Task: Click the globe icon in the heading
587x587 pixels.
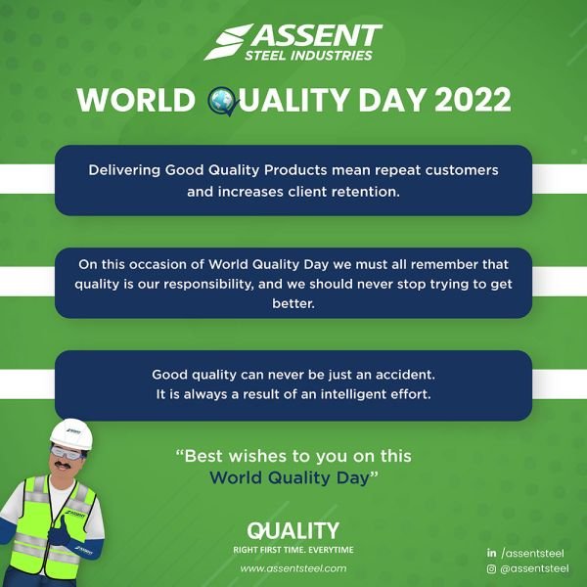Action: pyautogui.click(x=222, y=101)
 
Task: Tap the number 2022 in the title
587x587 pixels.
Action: pyautogui.click(x=473, y=100)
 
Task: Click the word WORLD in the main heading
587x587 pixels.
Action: pyautogui.click(x=136, y=101)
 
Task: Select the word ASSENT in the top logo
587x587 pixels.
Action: pyautogui.click(x=317, y=36)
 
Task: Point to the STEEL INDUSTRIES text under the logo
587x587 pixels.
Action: pyautogui.click(x=308, y=56)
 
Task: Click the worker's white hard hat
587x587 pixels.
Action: pyautogui.click(x=71, y=433)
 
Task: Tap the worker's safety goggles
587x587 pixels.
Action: pyautogui.click(x=68, y=453)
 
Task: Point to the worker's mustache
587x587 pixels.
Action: pyautogui.click(x=63, y=466)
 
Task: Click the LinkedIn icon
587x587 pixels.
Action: pyautogui.click(x=491, y=553)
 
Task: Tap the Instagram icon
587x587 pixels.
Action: pyautogui.click(x=491, y=569)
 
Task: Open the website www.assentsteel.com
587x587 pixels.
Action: pyautogui.click(x=293, y=568)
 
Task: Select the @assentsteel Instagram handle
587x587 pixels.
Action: pyautogui.click(x=534, y=568)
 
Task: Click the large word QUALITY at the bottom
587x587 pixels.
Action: pyautogui.click(x=293, y=531)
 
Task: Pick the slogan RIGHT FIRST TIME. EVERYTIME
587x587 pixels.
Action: pyautogui.click(x=293, y=550)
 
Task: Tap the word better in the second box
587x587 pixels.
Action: pyautogui.click(x=293, y=303)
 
